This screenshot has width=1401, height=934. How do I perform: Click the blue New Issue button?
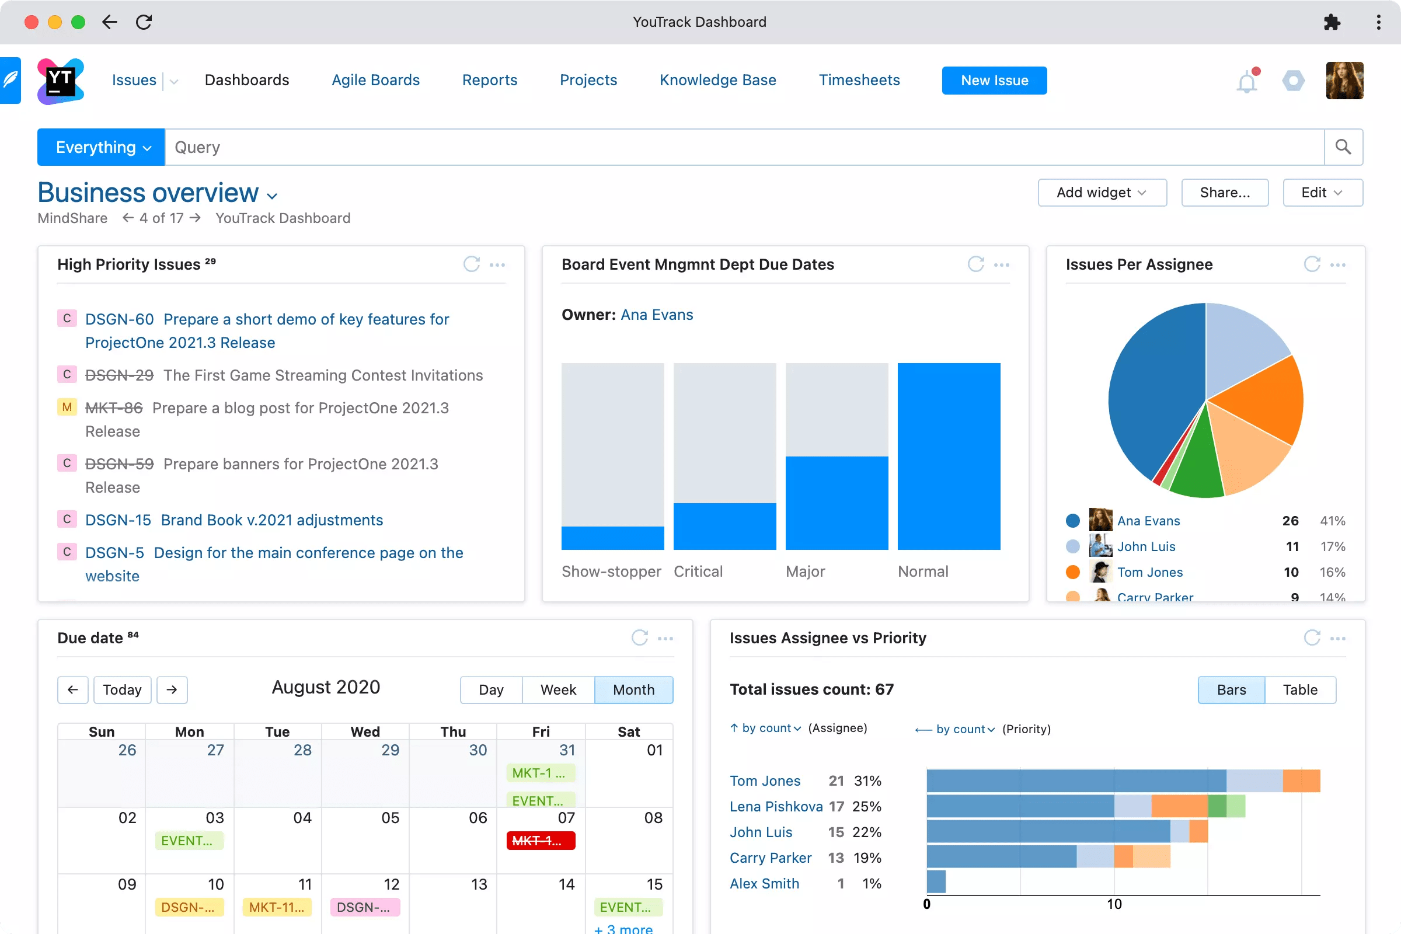994,81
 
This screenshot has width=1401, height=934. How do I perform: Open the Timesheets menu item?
858,81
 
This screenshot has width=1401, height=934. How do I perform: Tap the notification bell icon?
1246,82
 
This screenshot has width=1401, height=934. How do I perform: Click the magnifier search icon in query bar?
1343,147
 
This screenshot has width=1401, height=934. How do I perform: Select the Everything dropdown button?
100,147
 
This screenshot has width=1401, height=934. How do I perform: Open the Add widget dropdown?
1102,193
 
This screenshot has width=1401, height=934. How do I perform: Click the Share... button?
1224,193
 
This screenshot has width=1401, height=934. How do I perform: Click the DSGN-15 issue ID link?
118,520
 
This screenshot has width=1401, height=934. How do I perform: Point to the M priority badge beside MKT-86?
67,407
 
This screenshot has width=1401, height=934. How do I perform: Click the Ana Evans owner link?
656,315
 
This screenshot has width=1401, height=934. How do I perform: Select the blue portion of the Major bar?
837,502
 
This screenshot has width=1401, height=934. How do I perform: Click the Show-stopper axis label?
611,571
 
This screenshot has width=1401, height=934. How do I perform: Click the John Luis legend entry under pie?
1145,546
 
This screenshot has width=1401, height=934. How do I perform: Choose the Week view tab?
557,690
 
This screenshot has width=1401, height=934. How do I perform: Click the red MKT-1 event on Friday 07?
541,841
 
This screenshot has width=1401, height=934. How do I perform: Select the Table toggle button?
1299,690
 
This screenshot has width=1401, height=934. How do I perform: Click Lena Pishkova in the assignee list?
776,807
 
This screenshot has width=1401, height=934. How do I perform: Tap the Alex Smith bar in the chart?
936,882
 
